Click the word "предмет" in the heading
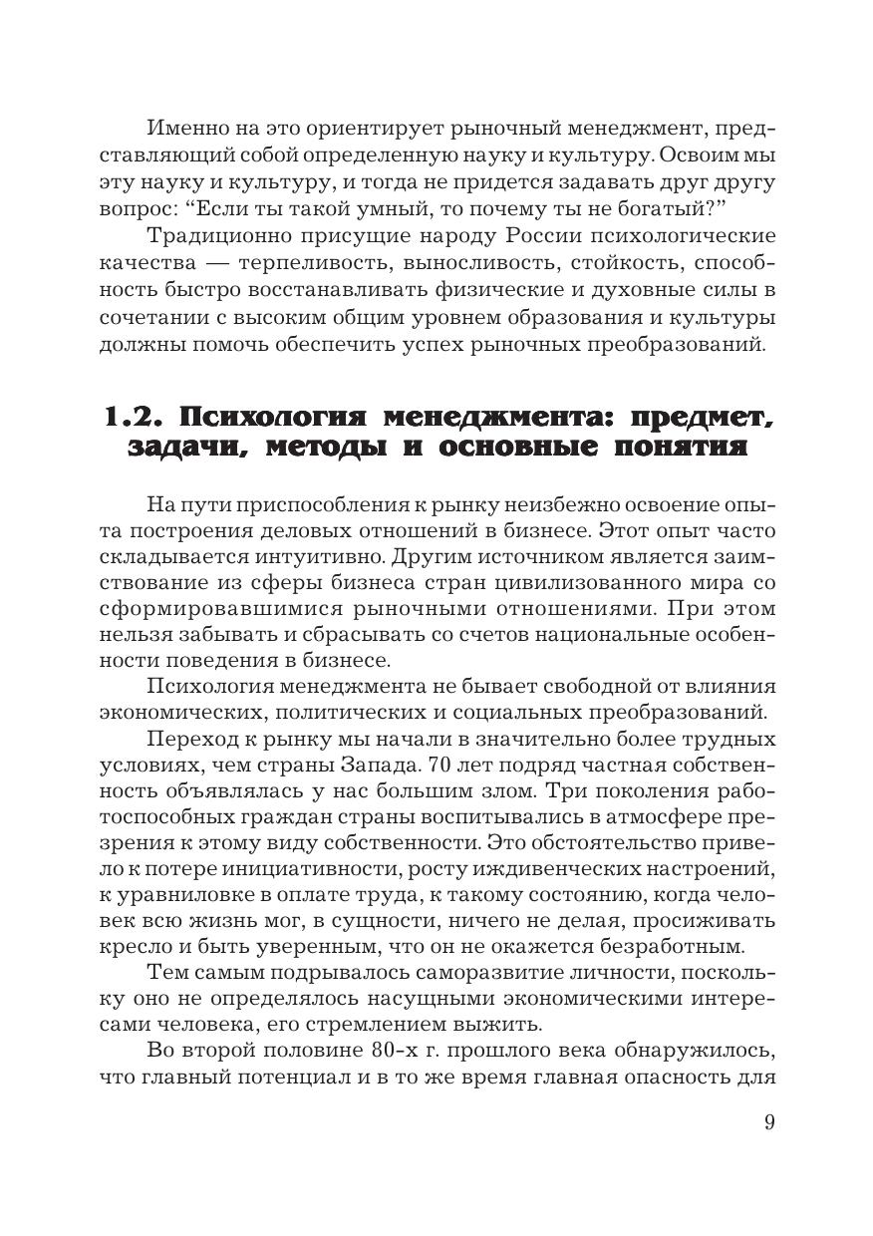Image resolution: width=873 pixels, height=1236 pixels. (695, 417)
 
